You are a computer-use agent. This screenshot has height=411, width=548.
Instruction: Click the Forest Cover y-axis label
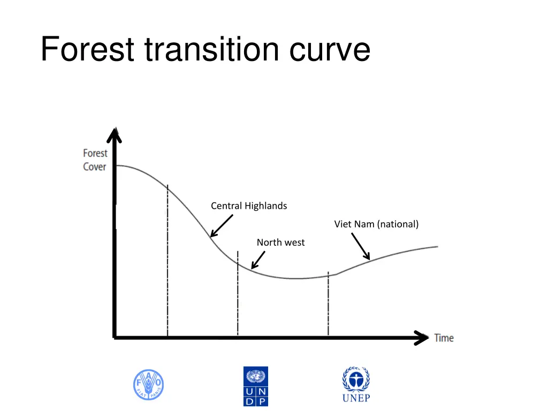(x=95, y=159)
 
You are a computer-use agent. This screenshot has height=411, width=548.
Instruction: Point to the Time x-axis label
(x=444, y=338)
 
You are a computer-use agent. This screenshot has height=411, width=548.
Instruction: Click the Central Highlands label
(x=249, y=206)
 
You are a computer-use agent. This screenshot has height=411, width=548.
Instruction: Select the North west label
(x=280, y=242)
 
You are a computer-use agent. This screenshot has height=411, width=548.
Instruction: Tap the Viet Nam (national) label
(x=376, y=224)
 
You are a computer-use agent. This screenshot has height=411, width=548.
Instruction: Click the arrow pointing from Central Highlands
(x=222, y=225)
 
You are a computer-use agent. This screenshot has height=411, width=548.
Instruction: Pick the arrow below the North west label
(x=258, y=260)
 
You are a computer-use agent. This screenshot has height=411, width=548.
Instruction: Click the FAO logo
(x=148, y=385)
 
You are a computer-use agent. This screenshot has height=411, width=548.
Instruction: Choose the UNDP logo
(x=256, y=386)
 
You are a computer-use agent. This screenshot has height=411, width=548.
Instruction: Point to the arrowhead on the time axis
(x=421, y=338)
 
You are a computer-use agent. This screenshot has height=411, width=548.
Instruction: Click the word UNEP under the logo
(x=356, y=398)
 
